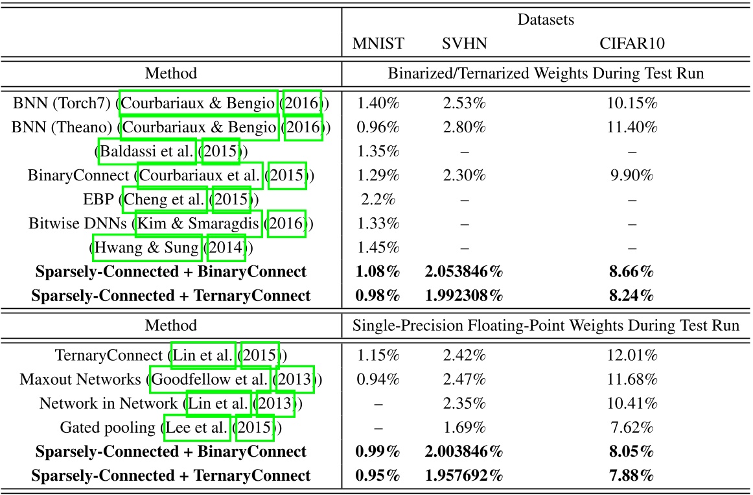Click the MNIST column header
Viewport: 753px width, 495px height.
pyautogui.click(x=378, y=44)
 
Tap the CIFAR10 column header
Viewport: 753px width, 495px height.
pyautogui.click(x=632, y=44)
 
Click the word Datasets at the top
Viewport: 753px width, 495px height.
pyautogui.click(x=546, y=20)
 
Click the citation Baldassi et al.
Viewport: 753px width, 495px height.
pyautogui.click(x=147, y=152)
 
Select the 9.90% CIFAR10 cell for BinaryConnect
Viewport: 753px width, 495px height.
pyautogui.click(x=632, y=176)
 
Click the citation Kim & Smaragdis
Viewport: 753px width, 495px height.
pyautogui.click(x=198, y=224)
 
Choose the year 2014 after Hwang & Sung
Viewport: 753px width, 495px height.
pyautogui.click(x=226, y=248)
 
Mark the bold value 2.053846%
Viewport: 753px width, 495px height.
pyautogui.click(x=465, y=272)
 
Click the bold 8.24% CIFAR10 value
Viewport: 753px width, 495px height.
pyautogui.click(x=632, y=296)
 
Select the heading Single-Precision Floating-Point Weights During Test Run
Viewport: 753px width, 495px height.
pyautogui.click(x=546, y=326)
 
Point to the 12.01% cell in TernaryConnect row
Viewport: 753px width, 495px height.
pyautogui.click(x=632, y=356)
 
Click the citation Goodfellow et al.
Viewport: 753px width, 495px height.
pyautogui.click(x=210, y=380)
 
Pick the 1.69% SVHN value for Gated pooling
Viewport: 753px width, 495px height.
pyautogui.click(x=465, y=428)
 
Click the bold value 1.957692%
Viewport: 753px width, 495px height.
pyautogui.click(x=465, y=476)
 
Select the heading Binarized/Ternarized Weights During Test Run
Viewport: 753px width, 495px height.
pyautogui.click(x=546, y=74)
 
